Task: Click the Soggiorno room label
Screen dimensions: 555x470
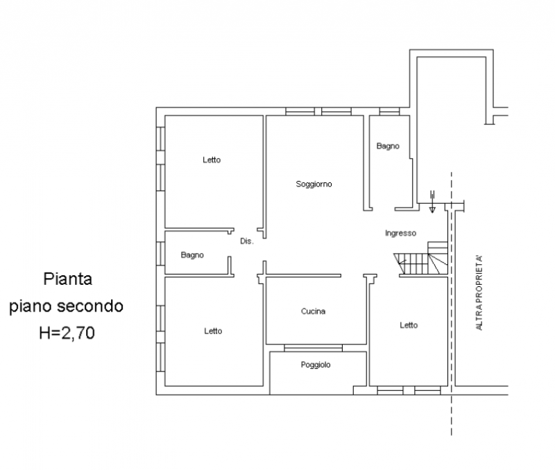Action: [314, 184]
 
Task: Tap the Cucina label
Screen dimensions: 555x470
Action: [314, 311]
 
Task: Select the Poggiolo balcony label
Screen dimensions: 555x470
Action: [316, 365]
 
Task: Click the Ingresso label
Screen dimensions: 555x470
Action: [400, 234]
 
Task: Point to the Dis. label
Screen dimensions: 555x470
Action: [247, 241]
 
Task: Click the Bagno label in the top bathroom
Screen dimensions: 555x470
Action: [388, 146]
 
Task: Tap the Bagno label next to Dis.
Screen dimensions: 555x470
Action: [192, 255]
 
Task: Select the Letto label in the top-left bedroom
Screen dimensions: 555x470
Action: [212, 160]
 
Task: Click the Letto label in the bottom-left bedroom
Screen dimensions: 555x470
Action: [213, 331]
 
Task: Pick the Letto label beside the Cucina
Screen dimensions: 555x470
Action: [409, 325]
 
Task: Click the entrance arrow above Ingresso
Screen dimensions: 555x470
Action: [432, 202]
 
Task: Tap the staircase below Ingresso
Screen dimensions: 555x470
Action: [421, 258]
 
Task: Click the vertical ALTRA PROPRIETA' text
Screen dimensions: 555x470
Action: [479, 293]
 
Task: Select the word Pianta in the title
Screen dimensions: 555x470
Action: [67, 279]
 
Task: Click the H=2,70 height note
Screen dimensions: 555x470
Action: [67, 333]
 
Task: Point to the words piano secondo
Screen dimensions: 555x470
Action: [66, 306]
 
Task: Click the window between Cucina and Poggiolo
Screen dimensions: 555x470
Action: [314, 348]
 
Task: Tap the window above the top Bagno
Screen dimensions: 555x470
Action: [389, 112]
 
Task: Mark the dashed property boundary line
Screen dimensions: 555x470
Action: [452, 304]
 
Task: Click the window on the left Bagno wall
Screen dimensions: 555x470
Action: [160, 254]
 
